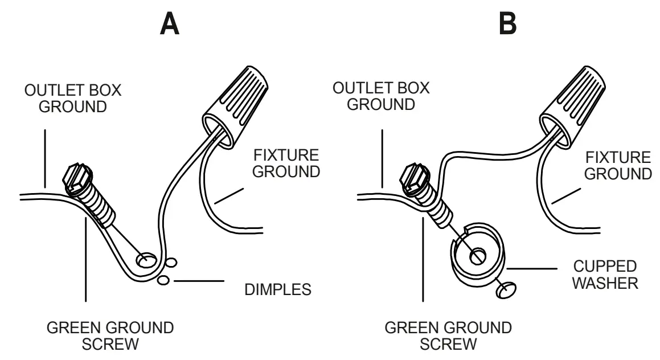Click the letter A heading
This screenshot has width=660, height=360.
coord(170,23)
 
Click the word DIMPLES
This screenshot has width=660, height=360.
coord(278,289)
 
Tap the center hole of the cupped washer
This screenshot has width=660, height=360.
coord(476,257)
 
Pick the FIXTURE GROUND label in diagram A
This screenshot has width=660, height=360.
coord(286,163)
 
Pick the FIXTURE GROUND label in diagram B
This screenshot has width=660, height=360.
coord(618,165)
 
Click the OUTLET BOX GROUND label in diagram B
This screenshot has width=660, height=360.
coord(382,96)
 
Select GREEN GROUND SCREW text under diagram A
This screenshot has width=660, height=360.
coord(110,336)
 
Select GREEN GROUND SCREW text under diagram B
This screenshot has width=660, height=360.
coord(448,336)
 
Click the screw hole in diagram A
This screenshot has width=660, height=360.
coord(146,261)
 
